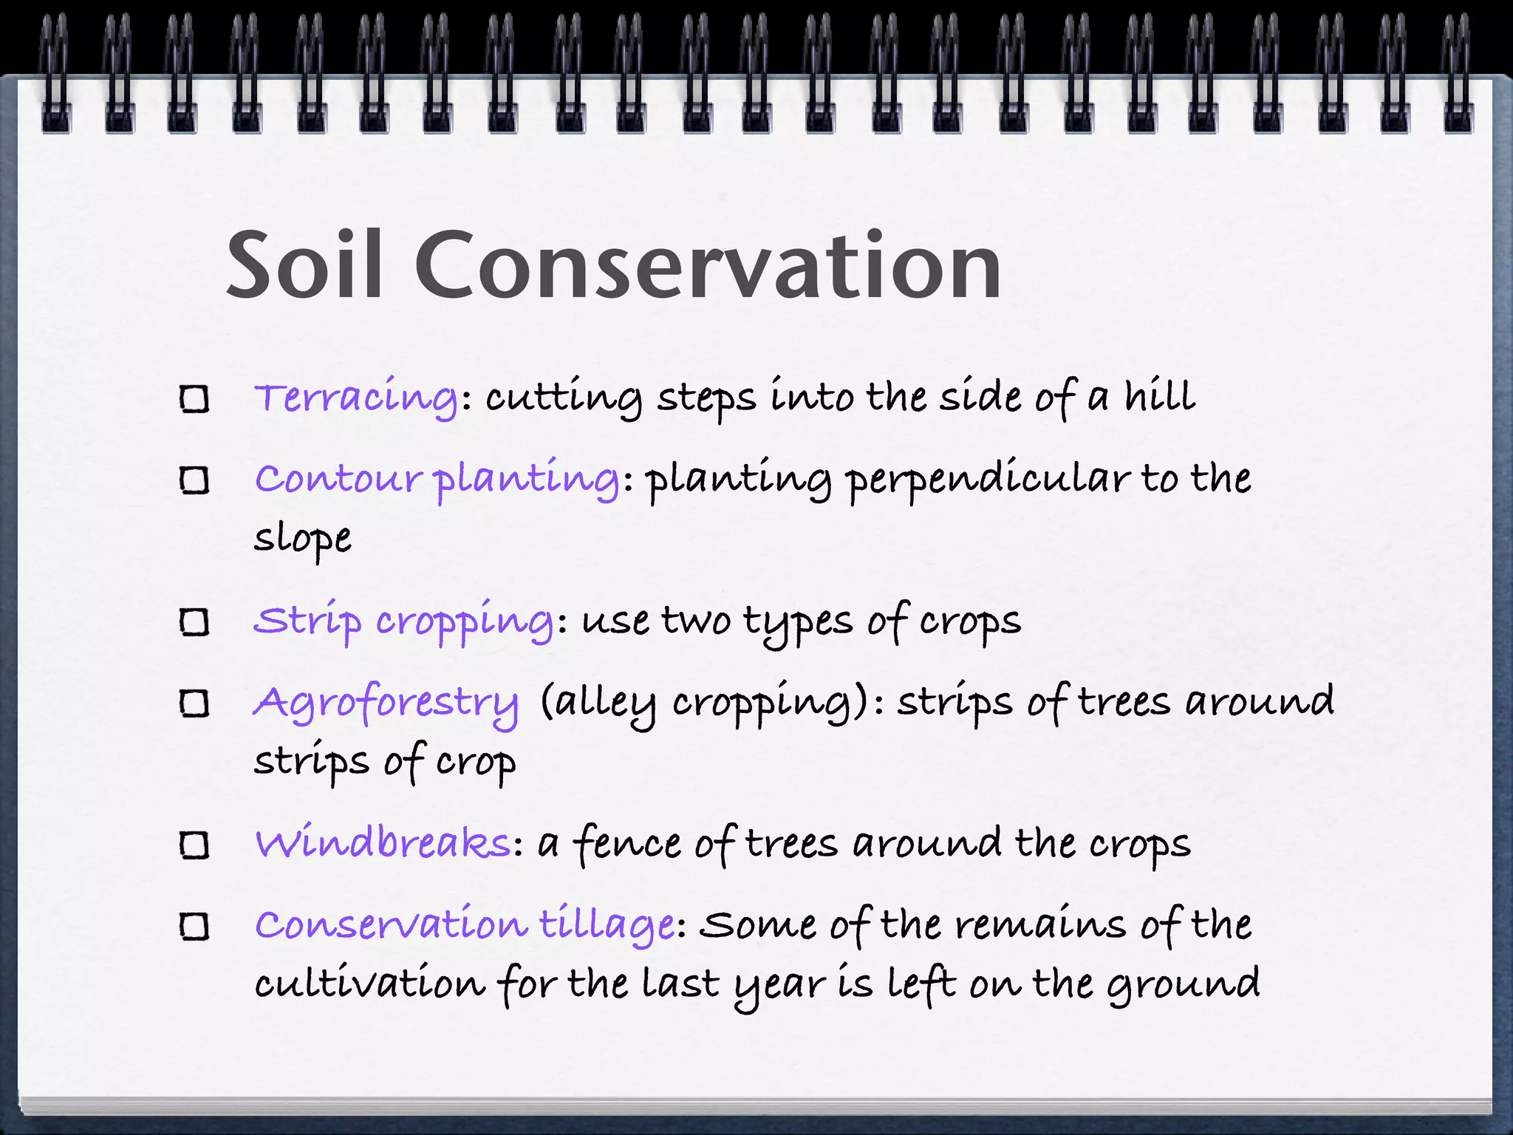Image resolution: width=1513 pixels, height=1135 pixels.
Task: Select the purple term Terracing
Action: coord(356,397)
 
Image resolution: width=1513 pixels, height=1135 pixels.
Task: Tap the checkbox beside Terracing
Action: coord(195,400)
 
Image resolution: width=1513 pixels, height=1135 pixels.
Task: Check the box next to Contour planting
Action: coord(195,481)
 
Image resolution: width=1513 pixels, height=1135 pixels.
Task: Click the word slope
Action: coord(302,538)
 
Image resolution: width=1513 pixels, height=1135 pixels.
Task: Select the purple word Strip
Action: coord(307,621)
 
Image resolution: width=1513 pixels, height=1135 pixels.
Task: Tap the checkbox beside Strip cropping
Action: coord(195,623)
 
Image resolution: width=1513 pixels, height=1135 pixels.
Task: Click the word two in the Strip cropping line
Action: coord(695,621)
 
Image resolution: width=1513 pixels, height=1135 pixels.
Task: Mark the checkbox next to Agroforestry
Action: coord(195,704)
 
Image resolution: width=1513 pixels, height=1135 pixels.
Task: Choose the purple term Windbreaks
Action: coord(383,842)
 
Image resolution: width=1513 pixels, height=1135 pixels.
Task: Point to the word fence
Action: coord(627,844)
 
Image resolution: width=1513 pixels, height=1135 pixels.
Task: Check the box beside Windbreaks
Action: coord(195,845)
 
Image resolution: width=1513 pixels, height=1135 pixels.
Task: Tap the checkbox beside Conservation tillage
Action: coord(195,927)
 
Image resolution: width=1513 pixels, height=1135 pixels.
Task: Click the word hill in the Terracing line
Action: coord(1159,397)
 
